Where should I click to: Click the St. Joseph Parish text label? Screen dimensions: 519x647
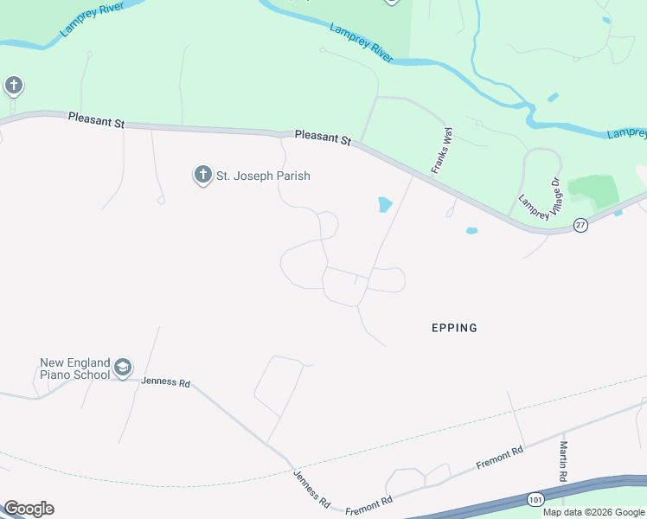(x=262, y=176)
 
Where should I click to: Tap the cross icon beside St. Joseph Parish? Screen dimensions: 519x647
(x=202, y=176)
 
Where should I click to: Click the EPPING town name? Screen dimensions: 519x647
(x=454, y=328)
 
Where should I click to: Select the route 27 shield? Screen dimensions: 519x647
(x=580, y=225)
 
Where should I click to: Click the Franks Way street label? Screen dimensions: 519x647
(x=442, y=151)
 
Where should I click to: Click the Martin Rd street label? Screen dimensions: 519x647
(x=563, y=462)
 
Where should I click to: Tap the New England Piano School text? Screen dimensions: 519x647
(x=74, y=368)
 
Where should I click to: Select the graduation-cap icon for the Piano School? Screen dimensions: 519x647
(x=123, y=368)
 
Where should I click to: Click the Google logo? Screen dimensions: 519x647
(x=29, y=509)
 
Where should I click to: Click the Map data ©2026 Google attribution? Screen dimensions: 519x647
(x=593, y=512)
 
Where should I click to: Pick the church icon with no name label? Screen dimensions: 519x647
(x=13, y=86)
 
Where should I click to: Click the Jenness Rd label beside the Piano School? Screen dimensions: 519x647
(x=164, y=381)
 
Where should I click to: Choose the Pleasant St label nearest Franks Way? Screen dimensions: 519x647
(x=323, y=138)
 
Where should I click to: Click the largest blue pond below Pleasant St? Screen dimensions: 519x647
(x=384, y=205)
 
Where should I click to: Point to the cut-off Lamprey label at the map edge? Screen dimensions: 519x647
(x=627, y=133)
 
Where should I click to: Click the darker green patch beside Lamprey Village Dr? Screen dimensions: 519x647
(x=593, y=189)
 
